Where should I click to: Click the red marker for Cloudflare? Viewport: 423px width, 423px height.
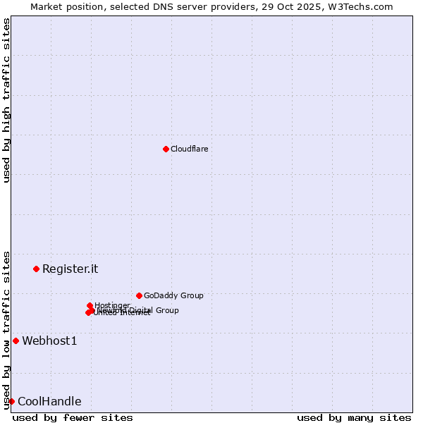pos(166,149)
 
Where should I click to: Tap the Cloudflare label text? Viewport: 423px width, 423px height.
pos(189,149)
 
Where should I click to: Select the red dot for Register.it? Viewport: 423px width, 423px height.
pos(36,269)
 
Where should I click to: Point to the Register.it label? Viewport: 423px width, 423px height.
pos(70,269)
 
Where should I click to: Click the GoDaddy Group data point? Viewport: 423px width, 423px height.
pos(139,295)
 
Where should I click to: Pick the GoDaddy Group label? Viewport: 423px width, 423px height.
pos(173,295)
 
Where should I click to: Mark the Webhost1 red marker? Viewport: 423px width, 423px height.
pos(16,341)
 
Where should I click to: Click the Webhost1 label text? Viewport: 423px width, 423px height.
pos(49,341)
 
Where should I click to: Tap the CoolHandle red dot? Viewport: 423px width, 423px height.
pos(11,401)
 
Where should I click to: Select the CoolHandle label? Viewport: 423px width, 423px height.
pos(49,402)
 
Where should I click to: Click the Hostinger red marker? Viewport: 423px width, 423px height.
pos(90,305)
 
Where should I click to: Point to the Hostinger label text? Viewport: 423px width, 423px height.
pos(112,305)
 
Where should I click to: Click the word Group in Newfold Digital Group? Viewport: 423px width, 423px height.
pos(166,310)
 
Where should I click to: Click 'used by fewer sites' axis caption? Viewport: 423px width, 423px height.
pos(73,417)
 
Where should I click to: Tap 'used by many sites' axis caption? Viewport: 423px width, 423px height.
pos(354,417)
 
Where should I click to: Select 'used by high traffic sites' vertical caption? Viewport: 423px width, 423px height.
pos(6,100)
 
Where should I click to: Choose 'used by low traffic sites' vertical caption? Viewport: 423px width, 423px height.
pos(6,330)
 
